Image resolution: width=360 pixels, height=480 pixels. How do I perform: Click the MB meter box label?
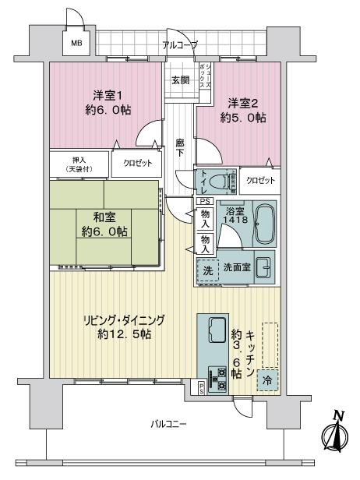77,44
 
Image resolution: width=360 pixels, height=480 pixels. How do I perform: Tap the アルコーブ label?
180,45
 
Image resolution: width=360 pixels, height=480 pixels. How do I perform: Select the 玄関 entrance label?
180,80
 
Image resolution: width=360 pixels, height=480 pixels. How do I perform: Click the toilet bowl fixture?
221,182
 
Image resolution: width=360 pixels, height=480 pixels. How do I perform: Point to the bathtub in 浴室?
264,223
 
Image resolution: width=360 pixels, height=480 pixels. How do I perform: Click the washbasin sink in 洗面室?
264,267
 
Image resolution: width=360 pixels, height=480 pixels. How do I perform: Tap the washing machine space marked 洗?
208,270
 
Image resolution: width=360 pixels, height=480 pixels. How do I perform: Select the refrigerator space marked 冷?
267,380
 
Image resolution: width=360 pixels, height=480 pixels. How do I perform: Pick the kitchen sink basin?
217,330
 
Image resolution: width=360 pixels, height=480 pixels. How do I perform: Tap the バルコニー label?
168,424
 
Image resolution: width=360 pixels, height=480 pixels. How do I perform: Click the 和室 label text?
104,217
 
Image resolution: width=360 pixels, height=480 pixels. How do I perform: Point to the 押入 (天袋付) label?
79,164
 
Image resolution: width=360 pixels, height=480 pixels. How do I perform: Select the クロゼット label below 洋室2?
260,180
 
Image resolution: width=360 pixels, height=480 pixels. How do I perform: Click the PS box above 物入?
205,201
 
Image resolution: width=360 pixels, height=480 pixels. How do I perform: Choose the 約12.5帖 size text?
125,334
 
